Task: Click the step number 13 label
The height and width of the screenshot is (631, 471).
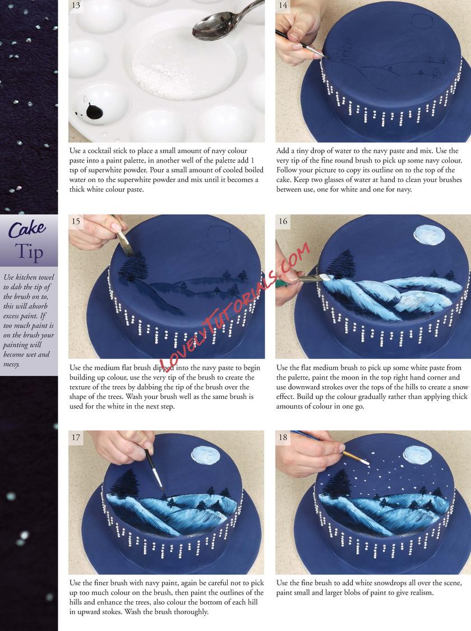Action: pos(76,6)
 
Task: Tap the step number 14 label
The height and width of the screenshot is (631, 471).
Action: pos(283,6)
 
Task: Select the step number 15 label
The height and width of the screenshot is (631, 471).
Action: pos(76,221)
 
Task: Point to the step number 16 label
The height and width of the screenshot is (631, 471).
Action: pos(283,221)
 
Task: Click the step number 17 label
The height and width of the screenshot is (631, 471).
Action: pos(76,437)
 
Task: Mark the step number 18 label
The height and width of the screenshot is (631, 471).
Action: pos(283,437)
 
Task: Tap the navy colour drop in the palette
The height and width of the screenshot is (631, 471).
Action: pos(94,111)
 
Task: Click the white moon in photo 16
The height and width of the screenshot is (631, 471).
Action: pos(430,234)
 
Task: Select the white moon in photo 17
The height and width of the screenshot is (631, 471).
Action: pos(207,454)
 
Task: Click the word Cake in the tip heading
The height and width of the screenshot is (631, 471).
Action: pos(27,229)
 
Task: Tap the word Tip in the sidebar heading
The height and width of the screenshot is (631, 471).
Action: pos(29,252)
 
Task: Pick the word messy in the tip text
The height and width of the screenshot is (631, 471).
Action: pos(12,364)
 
